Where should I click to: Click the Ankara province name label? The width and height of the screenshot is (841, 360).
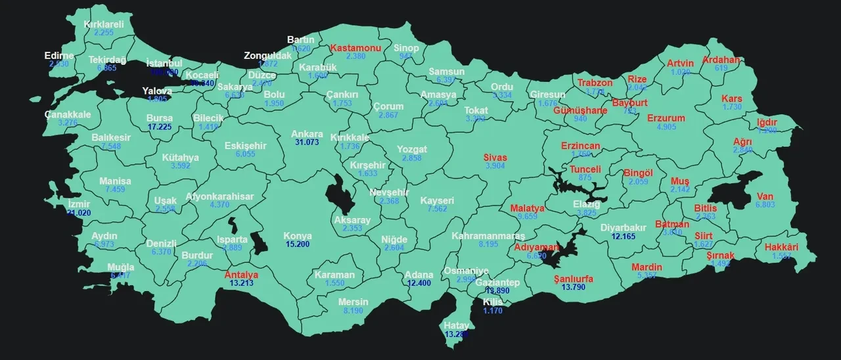tap(307, 134)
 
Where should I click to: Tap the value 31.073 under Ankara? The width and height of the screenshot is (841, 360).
tap(307, 143)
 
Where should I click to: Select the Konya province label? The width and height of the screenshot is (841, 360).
tap(297, 236)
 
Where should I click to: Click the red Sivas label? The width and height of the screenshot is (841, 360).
tap(495, 158)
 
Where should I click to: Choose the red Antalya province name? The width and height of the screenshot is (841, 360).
tap(241, 275)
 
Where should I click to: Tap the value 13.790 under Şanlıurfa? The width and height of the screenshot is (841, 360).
tap(574, 287)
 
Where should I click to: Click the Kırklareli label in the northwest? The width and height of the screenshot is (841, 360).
tap(104, 24)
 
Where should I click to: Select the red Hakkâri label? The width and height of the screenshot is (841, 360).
tap(781, 248)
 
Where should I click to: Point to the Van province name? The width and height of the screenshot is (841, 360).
tap(765, 196)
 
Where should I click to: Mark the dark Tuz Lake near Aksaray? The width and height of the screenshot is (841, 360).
tap(340, 195)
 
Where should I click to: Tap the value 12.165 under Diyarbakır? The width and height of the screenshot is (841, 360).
tap(624, 236)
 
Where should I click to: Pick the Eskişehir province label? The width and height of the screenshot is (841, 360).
tap(245, 145)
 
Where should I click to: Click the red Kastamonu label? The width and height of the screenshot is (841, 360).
tap(355, 48)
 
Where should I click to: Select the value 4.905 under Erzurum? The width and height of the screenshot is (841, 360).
tap(666, 127)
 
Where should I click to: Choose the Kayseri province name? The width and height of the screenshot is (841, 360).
tap(438, 200)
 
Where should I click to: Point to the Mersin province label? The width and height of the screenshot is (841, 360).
tap(353, 302)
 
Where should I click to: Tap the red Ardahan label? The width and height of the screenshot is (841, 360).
tap(721, 60)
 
